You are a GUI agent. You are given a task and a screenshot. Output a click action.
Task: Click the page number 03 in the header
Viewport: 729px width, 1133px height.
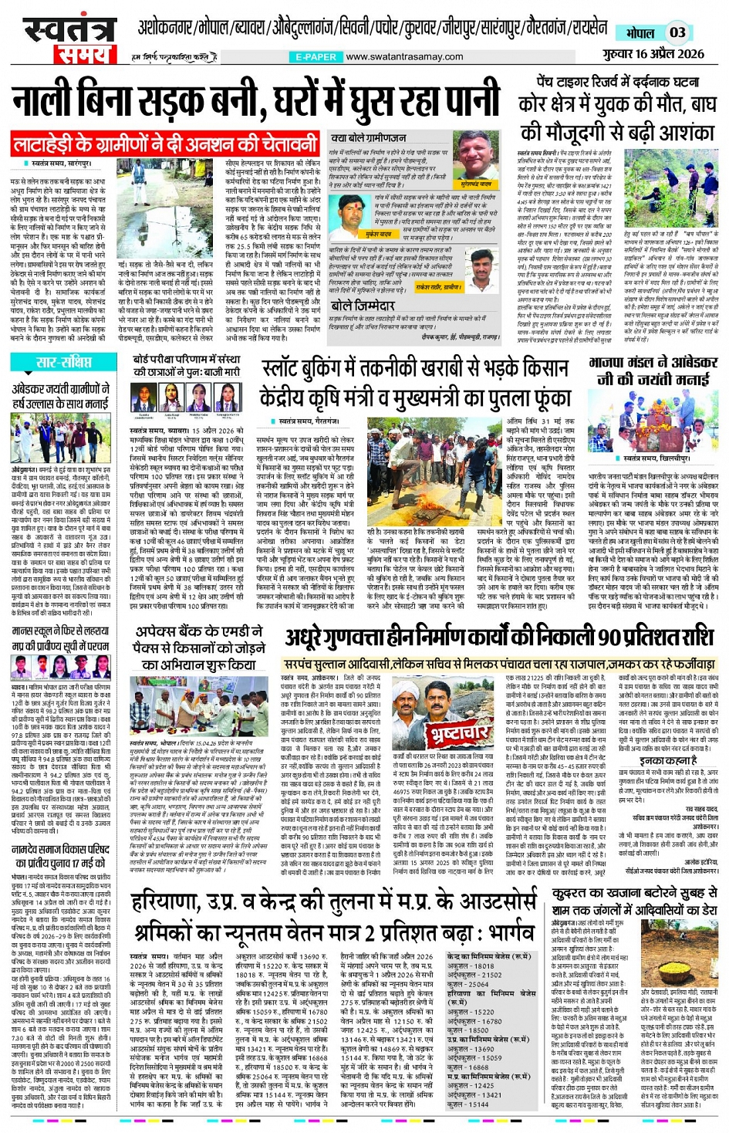pyautogui.click(x=677, y=32)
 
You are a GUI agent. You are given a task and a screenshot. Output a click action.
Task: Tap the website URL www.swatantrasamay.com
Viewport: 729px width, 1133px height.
pyautogui.click(x=404, y=56)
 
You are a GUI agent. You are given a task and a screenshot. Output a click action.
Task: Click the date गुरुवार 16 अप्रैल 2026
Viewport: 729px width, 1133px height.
pyautogui.click(x=653, y=53)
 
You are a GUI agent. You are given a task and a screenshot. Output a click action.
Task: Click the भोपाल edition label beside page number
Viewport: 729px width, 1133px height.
pyautogui.click(x=640, y=33)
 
